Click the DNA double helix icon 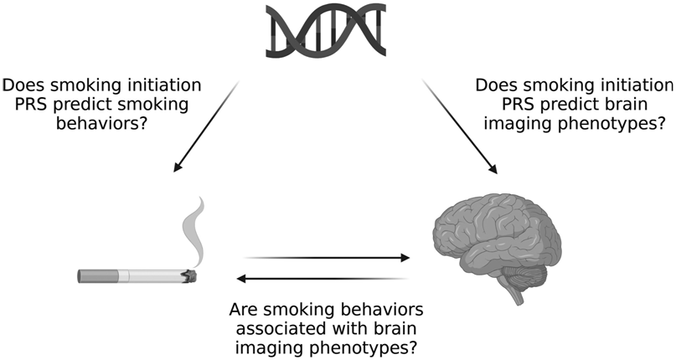coord(326,30)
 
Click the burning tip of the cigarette coord(189,276)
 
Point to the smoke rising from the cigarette coord(194,232)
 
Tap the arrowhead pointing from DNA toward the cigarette coord(178,166)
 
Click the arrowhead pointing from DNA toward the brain coord(493,167)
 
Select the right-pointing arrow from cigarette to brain coord(327,258)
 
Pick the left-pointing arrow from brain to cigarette coord(323,279)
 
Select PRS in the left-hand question coord(31,105)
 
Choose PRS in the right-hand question coord(519,105)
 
